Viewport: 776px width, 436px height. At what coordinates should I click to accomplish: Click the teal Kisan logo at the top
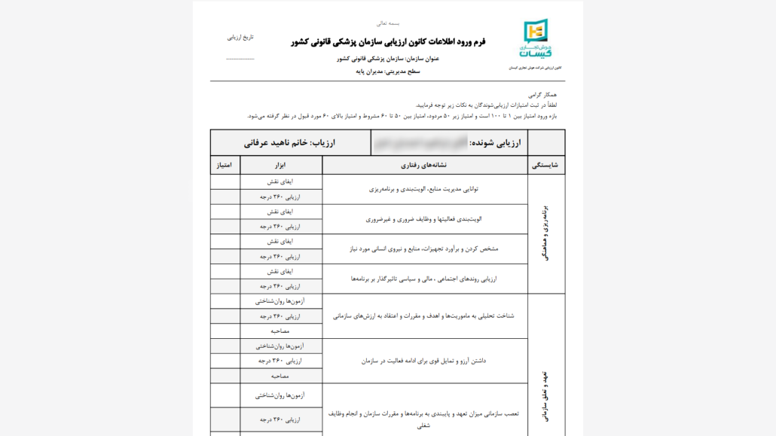tap(536, 40)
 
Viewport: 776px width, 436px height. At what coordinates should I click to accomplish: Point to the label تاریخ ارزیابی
tap(241, 37)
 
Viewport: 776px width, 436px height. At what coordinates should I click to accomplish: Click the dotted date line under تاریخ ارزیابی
tap(240, 58)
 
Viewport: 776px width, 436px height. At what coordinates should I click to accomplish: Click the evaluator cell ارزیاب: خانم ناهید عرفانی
tap(290, 142)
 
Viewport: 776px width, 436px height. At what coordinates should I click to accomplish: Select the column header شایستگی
tap(546, 164)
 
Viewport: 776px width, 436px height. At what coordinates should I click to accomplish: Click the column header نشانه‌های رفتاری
tap(426, 164)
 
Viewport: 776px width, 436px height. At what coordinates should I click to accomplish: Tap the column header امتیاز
tap(225, 164)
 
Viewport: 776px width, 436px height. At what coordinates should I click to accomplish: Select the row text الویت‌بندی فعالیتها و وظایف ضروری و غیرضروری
tap(424, 219)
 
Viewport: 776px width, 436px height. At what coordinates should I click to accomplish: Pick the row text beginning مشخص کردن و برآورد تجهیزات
tap(424, 248)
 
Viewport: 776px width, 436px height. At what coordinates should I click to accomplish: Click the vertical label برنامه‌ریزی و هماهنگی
tap(546, 233)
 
